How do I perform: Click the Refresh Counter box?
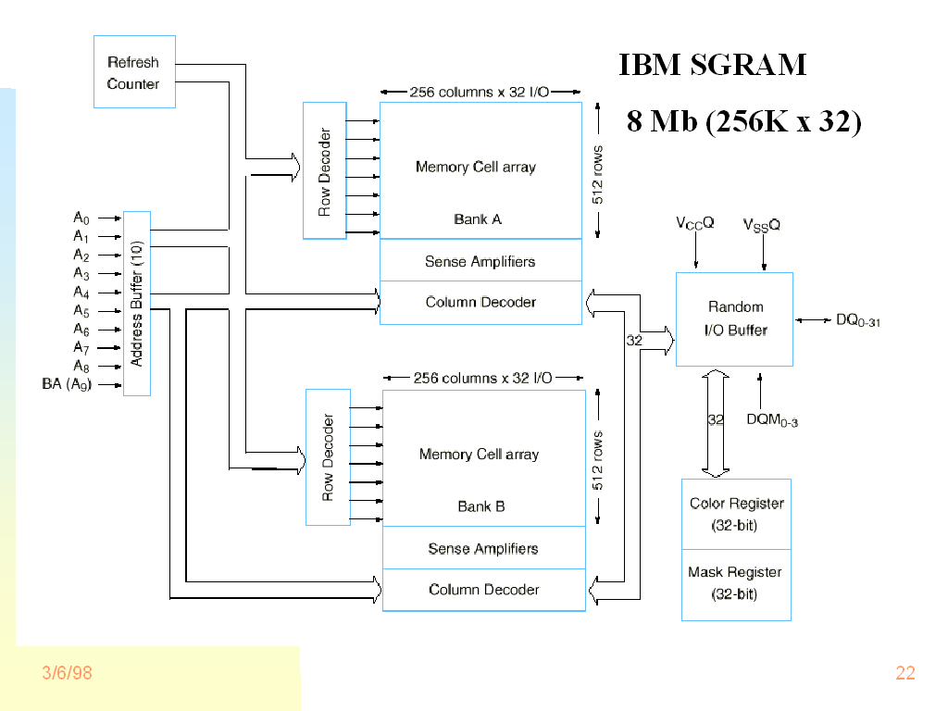134,72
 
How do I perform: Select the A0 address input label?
81,218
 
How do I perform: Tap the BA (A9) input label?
68,384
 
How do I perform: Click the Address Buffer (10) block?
137,304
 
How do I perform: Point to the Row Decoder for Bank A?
324,170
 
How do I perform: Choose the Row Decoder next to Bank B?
328,457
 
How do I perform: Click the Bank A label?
478,219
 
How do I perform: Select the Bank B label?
481,506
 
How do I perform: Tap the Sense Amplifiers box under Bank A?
480,261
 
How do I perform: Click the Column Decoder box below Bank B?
484,590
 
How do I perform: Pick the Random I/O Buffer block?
735,318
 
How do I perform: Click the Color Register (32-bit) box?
736,514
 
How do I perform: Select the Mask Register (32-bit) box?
736,583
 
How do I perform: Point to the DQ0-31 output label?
857,320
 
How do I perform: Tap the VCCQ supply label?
695,224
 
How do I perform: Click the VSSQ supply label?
762,225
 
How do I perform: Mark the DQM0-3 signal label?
772,419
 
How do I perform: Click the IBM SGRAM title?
713,65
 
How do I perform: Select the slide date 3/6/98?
67,673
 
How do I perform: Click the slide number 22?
904,673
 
